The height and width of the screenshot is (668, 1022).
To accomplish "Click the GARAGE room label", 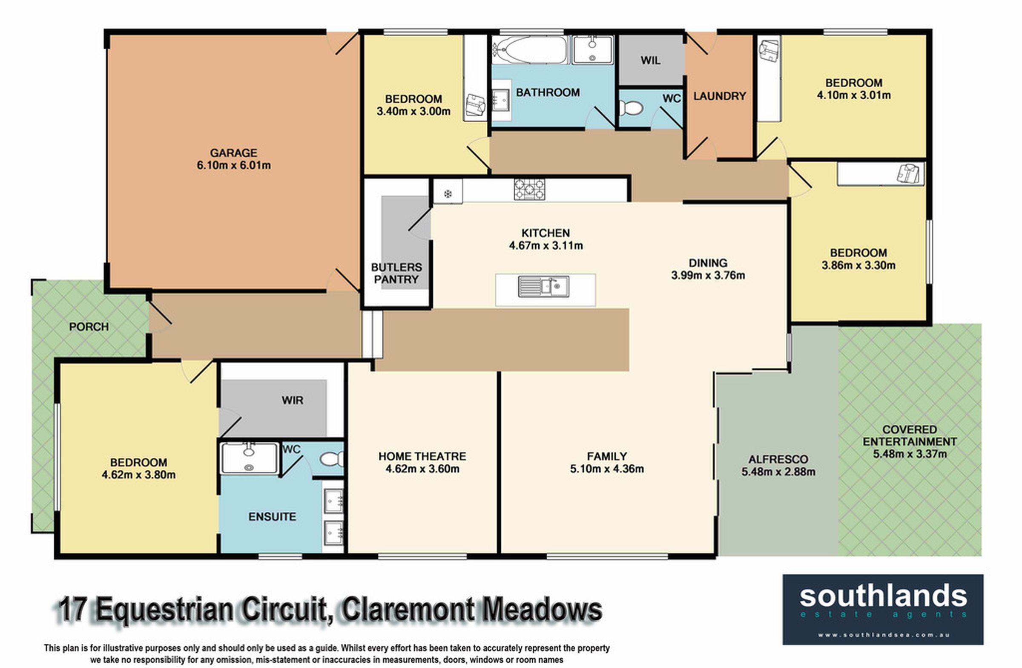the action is click(233, 153).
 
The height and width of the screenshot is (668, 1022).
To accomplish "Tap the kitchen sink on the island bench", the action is click(544, 287).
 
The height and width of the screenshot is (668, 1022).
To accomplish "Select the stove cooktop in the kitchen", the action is click(529, 190).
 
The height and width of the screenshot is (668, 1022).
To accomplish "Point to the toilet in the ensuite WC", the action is click(333, 459).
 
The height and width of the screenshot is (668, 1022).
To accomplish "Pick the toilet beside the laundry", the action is click(630, 107).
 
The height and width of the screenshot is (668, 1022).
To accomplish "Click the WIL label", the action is click(651, 60).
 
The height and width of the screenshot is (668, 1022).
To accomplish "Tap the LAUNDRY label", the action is click(720, 96).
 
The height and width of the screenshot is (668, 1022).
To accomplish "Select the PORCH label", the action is click(89, 327).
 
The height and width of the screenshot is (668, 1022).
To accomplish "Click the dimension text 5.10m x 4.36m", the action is click(607, 469).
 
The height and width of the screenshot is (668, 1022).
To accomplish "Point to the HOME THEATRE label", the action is click(422, 456).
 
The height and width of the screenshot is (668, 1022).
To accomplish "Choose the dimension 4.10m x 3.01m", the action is click(854, 95).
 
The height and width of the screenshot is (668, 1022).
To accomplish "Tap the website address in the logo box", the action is click(883, 635).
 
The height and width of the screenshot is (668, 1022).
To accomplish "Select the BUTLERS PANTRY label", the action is click(396, 273).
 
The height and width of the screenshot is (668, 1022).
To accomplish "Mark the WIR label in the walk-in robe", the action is click(293, 400).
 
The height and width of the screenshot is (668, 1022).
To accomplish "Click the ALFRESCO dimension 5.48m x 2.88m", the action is click(778, 472).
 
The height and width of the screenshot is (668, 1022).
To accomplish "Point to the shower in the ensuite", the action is click(249, 458).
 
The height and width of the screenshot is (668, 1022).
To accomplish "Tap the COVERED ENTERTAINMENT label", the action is click(910, 435).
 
